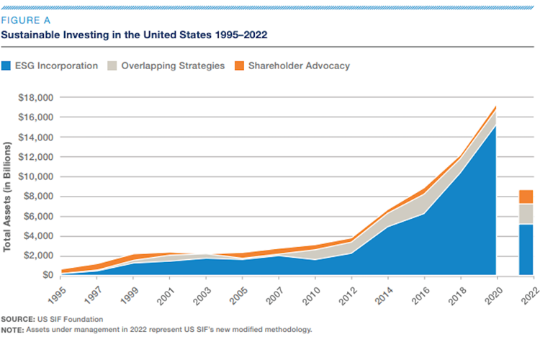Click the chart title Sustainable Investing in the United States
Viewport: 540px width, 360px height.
click(135, 35)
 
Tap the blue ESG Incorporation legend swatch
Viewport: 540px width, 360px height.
click(9, 66)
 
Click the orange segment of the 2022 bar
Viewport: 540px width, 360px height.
click(526, 197)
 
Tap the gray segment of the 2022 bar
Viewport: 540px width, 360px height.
click(526, 214)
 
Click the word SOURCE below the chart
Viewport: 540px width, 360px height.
click(17, 318)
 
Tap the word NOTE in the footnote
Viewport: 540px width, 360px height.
click(12, 329)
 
